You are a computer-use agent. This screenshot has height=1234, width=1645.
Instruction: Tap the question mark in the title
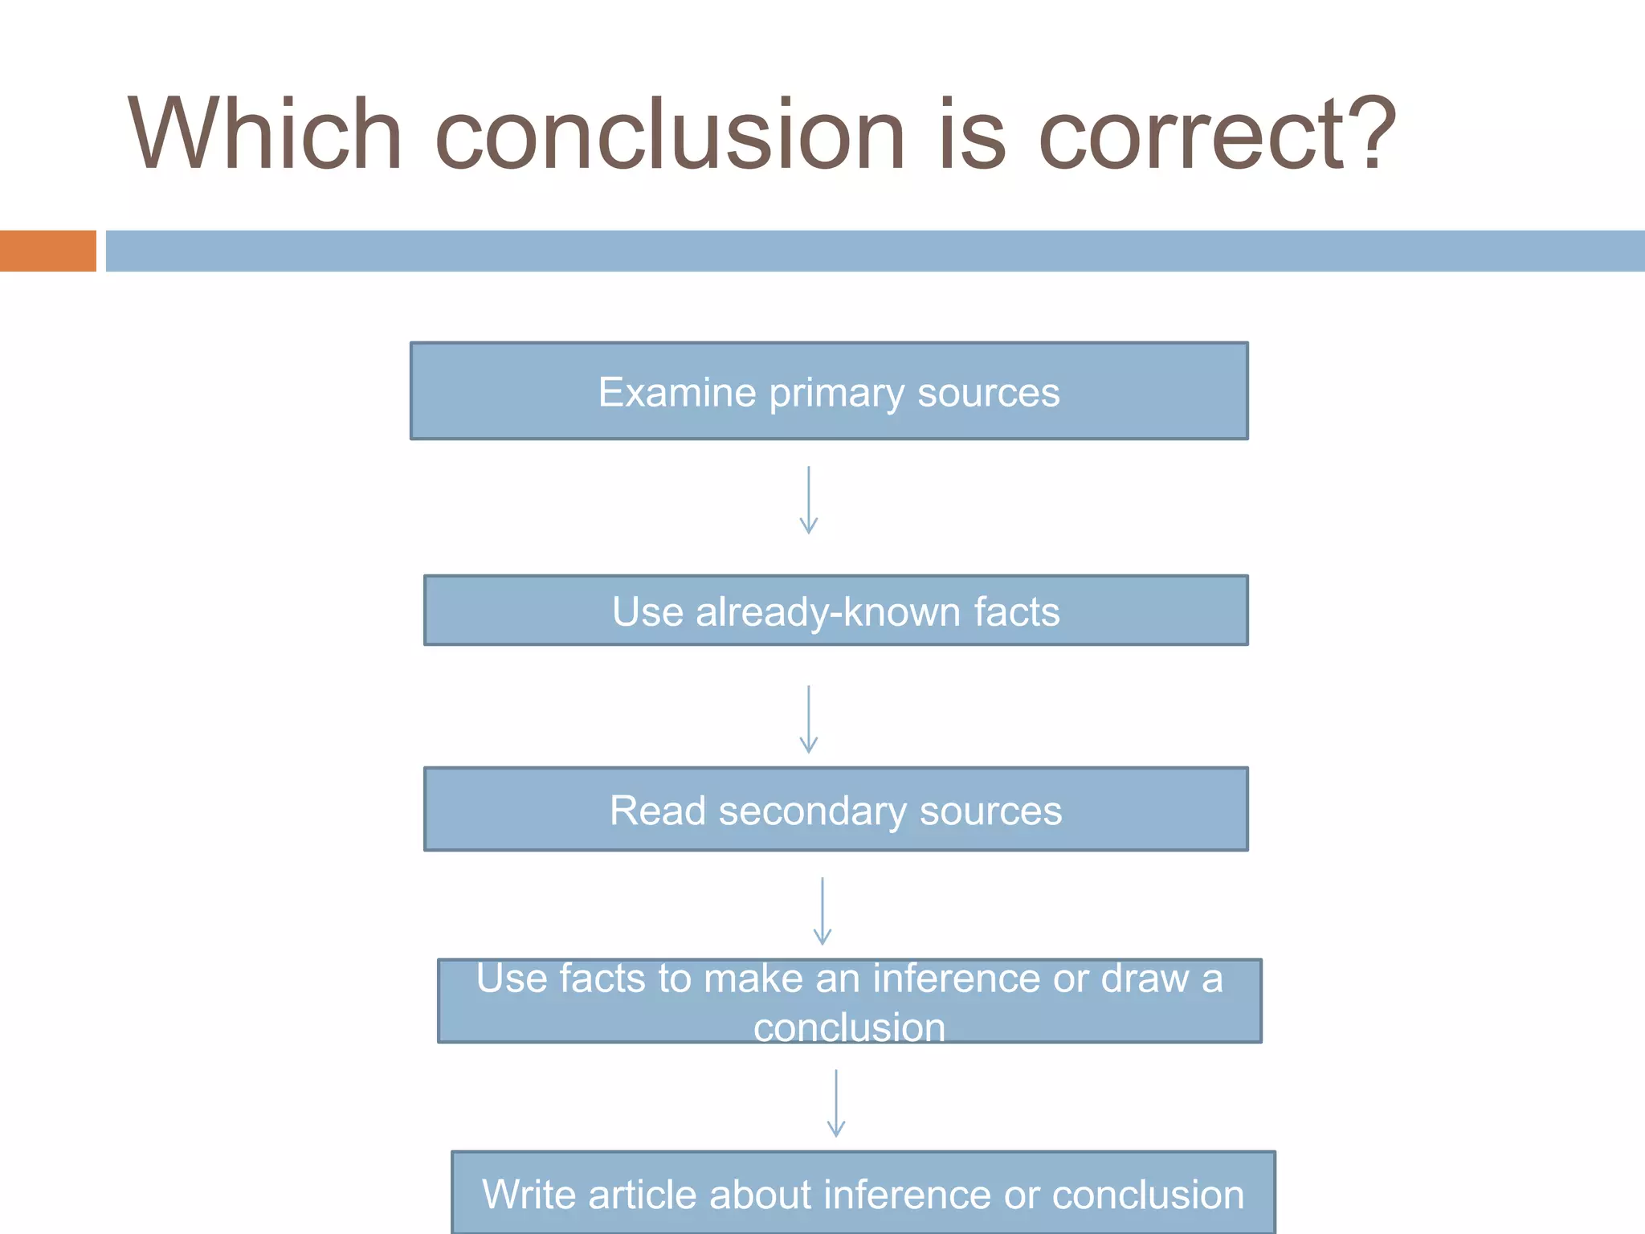click(1370, 133)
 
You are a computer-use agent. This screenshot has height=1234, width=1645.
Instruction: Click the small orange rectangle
click(47, 251)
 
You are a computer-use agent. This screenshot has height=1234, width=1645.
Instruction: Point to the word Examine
click(677, 392)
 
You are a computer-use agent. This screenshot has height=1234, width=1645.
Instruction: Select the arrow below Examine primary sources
click(808, 500)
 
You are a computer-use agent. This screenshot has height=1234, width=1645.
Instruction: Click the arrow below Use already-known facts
click(808, 719)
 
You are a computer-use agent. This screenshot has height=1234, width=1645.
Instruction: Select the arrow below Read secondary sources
click(822, 911)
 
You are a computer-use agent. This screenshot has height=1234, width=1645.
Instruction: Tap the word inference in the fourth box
click(956, 979)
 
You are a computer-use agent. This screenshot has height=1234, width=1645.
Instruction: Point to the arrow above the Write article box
click(835, 1103)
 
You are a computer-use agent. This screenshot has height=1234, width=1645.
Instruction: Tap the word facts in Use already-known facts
click(1017, 612)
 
